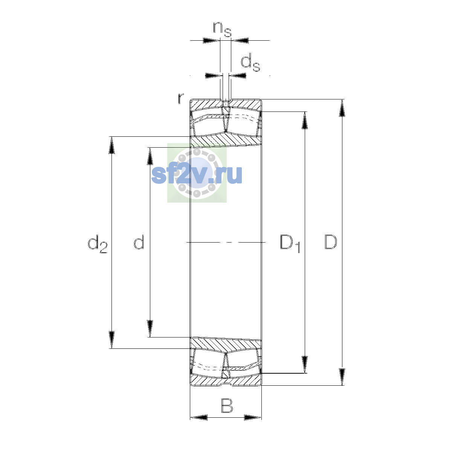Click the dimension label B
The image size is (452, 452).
tap(227, 406)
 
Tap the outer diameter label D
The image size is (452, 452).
tap(331, 242)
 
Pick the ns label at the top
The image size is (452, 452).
tap(222, 29)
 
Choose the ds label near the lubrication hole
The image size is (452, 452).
tap(250, 63)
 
